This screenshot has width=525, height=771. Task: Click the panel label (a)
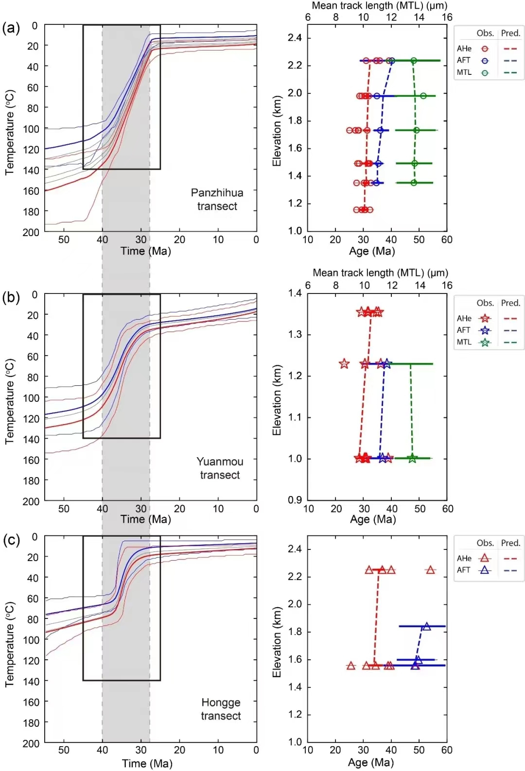click(11, 28)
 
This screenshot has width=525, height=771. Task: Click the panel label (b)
click(11, 297)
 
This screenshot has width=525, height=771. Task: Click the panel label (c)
click(11, 540)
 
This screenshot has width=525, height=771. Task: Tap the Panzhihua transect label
click(217, 200)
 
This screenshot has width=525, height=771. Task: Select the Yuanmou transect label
click(220, 468)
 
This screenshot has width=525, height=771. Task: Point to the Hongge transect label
click(221, 709)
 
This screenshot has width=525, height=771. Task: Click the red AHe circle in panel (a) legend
click(485, 49)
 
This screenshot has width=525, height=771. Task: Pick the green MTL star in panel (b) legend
click(485, 343)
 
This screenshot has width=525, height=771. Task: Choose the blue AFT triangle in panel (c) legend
click(485, 570)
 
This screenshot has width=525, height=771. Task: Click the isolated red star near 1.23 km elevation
click(344, 363)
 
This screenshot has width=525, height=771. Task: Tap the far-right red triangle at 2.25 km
click(430, 570)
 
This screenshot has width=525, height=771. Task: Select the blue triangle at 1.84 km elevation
click(426, 626)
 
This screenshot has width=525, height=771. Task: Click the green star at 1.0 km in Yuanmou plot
click(412, 458)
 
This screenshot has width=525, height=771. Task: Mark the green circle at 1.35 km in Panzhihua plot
click(414, 183)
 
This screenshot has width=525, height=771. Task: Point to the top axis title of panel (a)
click(379, 6)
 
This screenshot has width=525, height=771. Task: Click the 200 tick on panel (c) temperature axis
click(31, 743)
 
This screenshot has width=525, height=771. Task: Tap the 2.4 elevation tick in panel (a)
click(295, 38)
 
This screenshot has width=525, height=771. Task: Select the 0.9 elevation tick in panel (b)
click(295, 500)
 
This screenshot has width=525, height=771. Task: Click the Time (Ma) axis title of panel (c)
click(147, 763)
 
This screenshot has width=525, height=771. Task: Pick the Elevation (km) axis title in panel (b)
click(277, 400)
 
